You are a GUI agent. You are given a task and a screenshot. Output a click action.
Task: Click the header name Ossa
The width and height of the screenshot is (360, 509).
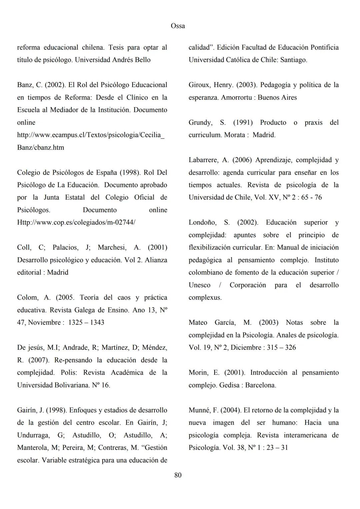point(178,26)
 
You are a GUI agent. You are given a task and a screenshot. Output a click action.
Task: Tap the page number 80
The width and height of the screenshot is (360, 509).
point(178,475)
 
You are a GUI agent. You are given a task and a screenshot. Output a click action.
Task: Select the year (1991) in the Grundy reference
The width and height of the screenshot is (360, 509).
point(242,123)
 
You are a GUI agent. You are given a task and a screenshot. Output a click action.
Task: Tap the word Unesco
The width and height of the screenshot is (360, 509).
point(199,285)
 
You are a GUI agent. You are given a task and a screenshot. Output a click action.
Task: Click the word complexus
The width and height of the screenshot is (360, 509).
point(205,297)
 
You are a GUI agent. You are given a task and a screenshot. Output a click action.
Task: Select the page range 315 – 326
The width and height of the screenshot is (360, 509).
point(281,347)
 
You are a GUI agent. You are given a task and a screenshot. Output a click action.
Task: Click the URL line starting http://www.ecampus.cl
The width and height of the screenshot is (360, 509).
point(91,135)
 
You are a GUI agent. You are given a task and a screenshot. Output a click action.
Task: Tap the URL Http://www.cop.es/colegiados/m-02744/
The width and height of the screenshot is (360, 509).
point(76,223)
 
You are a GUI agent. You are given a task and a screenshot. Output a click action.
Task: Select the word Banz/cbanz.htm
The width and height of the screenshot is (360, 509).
point(40,148)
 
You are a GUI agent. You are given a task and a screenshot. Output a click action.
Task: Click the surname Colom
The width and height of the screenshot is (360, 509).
point(28,297)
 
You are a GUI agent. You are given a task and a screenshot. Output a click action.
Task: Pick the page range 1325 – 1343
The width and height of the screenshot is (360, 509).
point(86,322)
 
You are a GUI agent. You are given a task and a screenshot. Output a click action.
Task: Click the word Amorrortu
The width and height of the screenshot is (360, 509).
point(238,98)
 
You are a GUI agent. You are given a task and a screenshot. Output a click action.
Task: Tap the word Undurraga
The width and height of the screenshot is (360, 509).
point(33,435)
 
